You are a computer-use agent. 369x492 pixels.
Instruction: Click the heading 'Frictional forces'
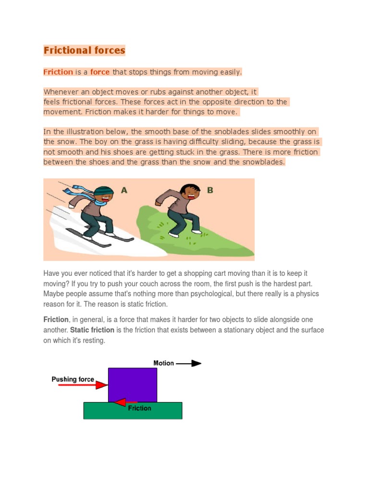click(84, 50)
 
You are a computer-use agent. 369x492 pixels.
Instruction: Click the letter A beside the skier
click(124, 190)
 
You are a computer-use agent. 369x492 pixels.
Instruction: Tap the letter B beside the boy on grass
click(210, 190)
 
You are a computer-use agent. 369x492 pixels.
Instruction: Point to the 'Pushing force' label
click(73, 379)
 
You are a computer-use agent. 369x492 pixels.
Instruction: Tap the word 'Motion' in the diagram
click(163, 363)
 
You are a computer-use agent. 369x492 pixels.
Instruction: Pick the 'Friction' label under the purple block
click(139, 408)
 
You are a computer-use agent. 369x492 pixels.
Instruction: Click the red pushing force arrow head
click(102, 385)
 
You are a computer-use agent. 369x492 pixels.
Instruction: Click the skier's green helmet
click(104, 192)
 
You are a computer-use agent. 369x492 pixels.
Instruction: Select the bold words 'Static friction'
click(92, 330)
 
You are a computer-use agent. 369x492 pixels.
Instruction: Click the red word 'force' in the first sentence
click(100, 72)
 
